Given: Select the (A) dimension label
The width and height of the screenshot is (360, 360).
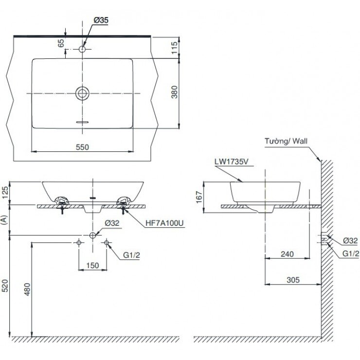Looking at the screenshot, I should click(5, 220).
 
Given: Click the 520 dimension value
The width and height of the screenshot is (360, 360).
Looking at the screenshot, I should click(5, 286).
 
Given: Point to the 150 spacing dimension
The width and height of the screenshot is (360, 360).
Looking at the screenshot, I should click(93, 265).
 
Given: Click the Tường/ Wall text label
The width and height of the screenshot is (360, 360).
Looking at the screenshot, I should click(286, 142).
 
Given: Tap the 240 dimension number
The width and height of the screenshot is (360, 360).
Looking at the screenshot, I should click(288, 254).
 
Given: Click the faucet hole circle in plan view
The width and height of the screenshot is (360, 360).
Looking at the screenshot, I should click(83, 49).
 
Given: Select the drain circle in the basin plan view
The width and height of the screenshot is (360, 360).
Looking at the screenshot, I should click(83, 93).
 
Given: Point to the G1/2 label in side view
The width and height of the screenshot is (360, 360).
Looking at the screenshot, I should click(350, 253).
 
